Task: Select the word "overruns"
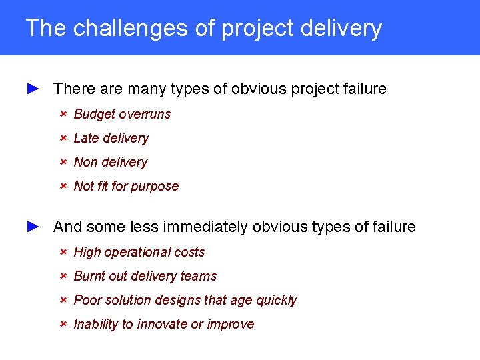click(145, 114)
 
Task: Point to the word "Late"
click(86, 138)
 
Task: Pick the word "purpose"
click(155, 187)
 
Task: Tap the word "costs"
click(189, 252)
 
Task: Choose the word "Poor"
click(87, 300)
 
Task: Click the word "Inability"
click(95, 324)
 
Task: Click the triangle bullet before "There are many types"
click(34, 88)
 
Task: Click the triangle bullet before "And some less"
click(34, 226)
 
